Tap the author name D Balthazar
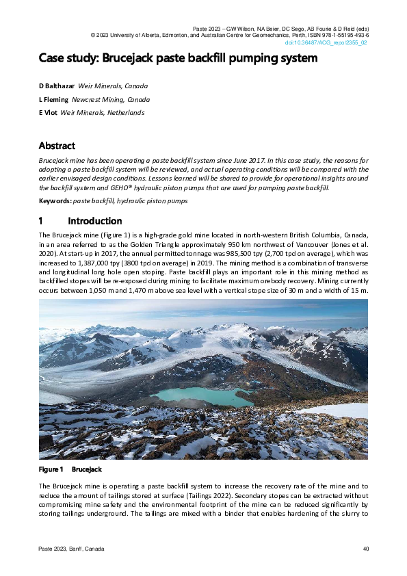tap(57, 86)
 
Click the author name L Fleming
tap(54, 99)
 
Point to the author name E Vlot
tap(49, 112)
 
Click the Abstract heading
tap(57, 146)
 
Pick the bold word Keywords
tap(55, 200)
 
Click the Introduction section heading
tap(95, 221)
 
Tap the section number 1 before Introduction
tap(42, 221)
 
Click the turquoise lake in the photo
tap(191, 395)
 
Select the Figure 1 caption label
tap(51, 469)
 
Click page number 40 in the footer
tap(365, 549)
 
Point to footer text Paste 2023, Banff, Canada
tap(71, 549)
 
